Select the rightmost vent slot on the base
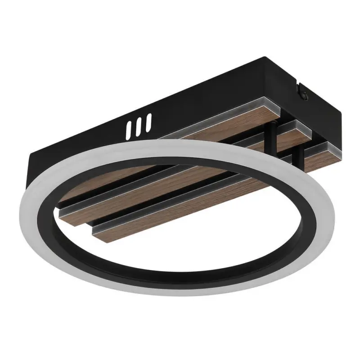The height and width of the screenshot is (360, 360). [x=148, y=121]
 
